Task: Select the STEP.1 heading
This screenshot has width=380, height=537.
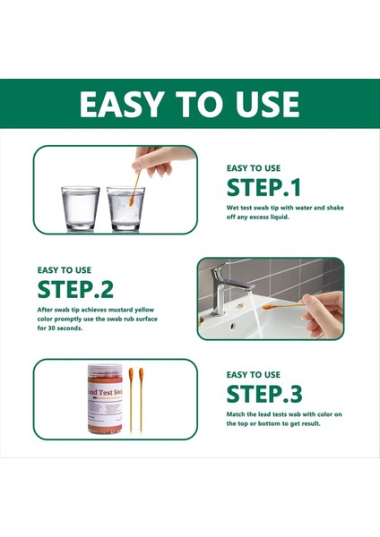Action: [x=263, y=187]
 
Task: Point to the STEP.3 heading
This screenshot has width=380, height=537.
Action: [x=263, y=394]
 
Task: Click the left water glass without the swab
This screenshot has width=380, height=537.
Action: [x=80, y=208]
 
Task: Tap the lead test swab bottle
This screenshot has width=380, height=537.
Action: [x=105, y=400]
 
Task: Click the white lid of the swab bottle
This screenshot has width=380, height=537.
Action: [x=105, y=368]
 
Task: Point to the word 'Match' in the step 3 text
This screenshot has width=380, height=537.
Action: [x=237, y=413]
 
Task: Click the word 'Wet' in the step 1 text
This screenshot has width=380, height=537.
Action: [x=234, y=208]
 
